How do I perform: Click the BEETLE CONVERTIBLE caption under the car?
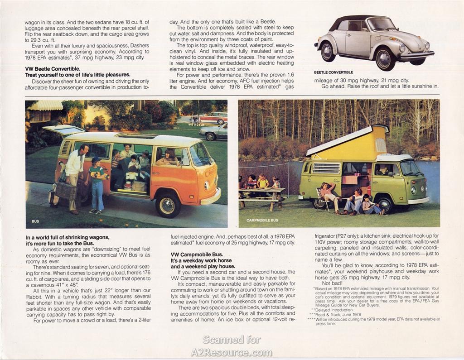[x=333, y=72]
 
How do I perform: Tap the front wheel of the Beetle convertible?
[x=385, y=59]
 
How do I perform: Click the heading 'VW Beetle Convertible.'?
[x=53, y=69]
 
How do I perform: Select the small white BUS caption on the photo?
[x=35, y=221]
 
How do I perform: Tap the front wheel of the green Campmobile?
[x=385, y=204]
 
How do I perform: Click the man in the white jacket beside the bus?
[x=73, y=176]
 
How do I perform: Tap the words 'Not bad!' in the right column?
[x=333, y=283]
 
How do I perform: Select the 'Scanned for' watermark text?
[x=231, y=339]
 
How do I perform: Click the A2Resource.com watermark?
[x=231, y=352]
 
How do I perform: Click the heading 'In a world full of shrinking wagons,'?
[x=68, y=237]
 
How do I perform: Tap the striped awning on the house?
[x=45, y=105]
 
